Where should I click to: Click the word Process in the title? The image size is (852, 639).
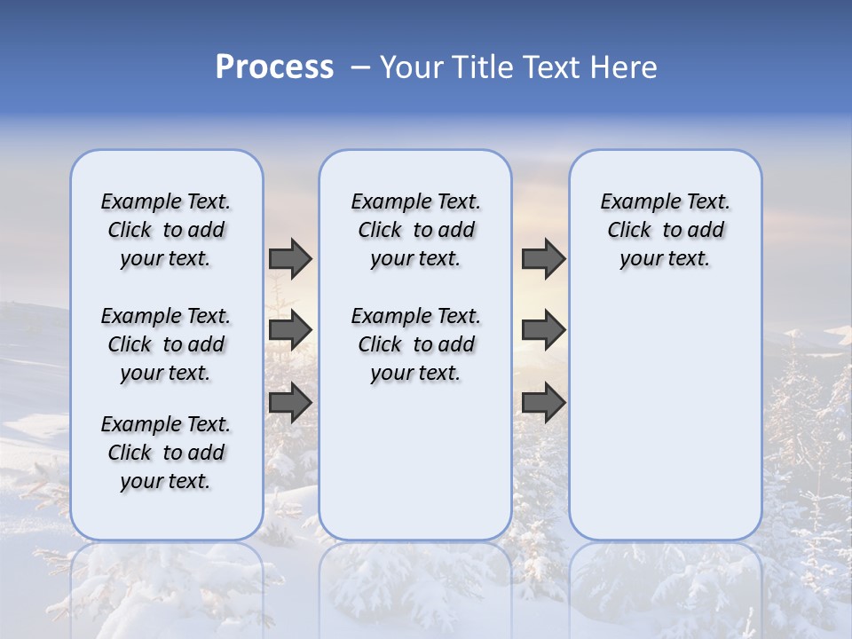pyautogui.click(x=274, y=67)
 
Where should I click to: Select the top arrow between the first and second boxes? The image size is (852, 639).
pyautogui.click(x=290, y=258)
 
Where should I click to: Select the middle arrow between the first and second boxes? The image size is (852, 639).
pyautogui.click(x=290, y=330)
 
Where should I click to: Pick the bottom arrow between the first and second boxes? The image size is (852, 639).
pyautogui.click(x=290, y=402)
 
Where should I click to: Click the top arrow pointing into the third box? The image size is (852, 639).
pyautogui.click(x=543, y=258)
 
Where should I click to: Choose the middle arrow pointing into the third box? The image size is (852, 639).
pyautogui.click(x=543, y=330)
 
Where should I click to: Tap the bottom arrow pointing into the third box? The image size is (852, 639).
pyautogui.click(x=543, y=402)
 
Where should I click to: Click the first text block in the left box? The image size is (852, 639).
pyautogui.click(x=166, y=230)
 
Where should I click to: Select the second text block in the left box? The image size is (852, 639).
pyautogui.click(x=166, y=344)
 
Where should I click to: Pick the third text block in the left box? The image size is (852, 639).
pyautogui.click(x=166, y=453)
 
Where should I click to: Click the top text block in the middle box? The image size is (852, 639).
pyautogui.click(x=415, y=230)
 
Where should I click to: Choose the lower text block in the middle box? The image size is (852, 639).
pyautogui.click(x=415, y=344)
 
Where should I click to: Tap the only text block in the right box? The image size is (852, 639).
pyautogui.click(x=665, y=230)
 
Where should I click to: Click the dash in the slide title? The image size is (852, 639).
pyautogui.click(x=359, y=67)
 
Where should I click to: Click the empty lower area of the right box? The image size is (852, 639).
pyautogui.click(x=665, y=417)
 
